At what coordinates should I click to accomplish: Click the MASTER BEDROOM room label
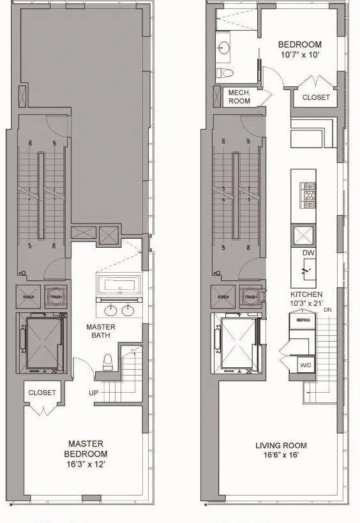pos(86,449)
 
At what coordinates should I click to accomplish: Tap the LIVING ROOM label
pos(281,445)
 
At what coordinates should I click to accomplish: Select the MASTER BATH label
pos(101,331)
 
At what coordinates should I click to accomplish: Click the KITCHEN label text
pos(304,294)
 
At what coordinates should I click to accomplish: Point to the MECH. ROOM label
pos(239,96)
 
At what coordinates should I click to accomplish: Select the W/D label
pos(306,365)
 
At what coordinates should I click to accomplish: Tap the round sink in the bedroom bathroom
pos(224,48)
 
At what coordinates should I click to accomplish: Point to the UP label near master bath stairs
pos(94,393)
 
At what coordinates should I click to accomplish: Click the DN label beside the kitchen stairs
pos(327,310)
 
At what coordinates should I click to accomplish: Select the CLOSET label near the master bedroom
pos(42,393)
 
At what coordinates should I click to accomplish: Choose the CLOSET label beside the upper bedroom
pos(316,98)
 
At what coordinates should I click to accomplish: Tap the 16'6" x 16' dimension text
pos(281,457)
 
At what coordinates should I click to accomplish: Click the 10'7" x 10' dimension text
pos(300,56)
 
